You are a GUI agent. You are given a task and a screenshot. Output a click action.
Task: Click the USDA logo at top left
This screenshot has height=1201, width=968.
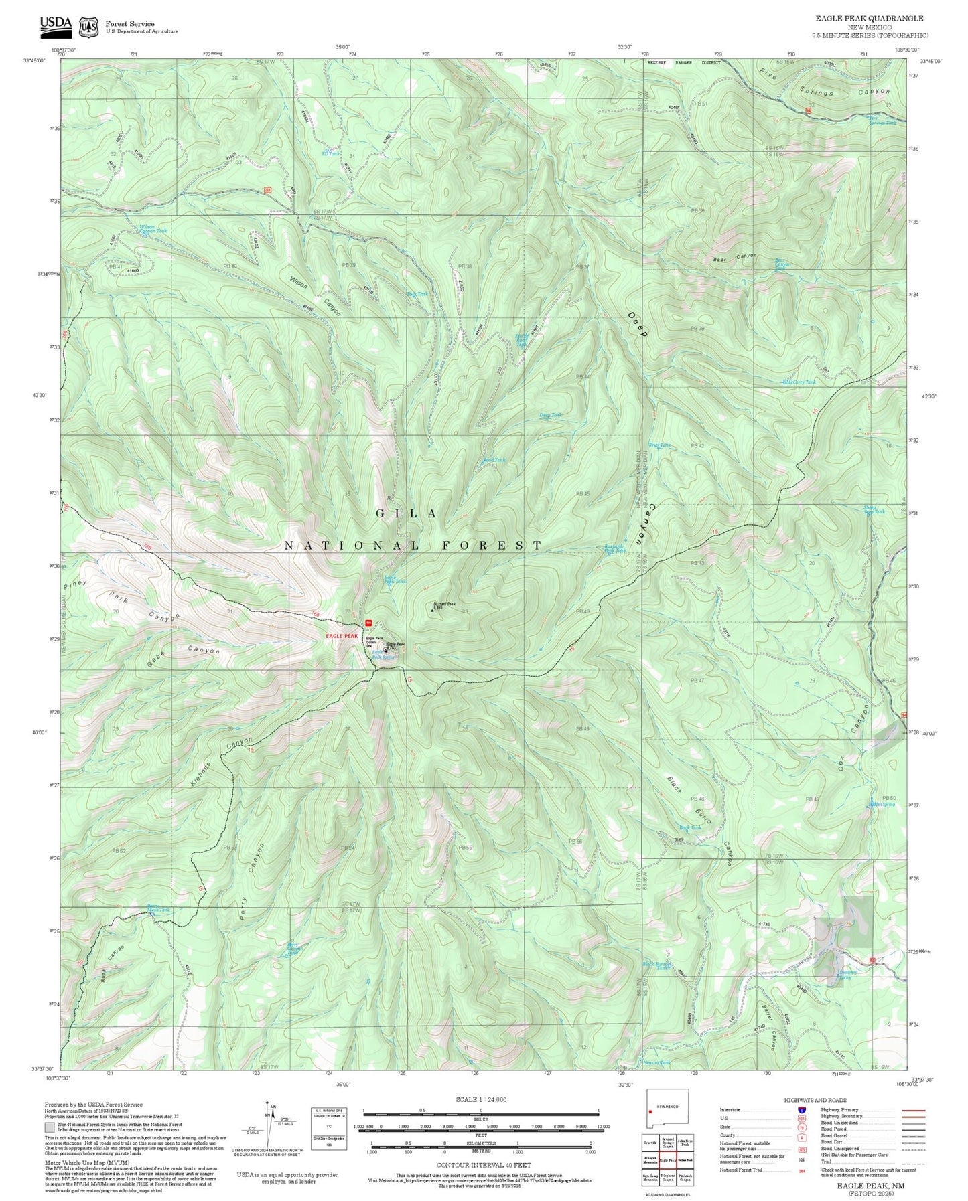click(x=56, y=25)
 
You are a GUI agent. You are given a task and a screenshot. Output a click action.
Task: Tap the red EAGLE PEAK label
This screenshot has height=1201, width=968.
click(x=342, y=635)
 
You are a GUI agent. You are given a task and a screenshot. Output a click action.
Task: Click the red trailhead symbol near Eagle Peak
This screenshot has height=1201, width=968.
click(x=368, y=623)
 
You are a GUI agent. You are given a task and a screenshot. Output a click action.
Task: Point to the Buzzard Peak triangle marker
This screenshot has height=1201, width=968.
click(x=432, y=610)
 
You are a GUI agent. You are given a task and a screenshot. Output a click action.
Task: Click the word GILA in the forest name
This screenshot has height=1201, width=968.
click(x=407, y=513)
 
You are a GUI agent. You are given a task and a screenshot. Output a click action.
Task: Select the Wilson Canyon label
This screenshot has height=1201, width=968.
click(x=315, y=296)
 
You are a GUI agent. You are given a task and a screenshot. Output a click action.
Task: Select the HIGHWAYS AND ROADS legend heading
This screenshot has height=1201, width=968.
click(x=815, y=1100)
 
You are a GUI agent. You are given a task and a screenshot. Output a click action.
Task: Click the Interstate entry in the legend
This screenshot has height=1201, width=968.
click(x=730, y=1109)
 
